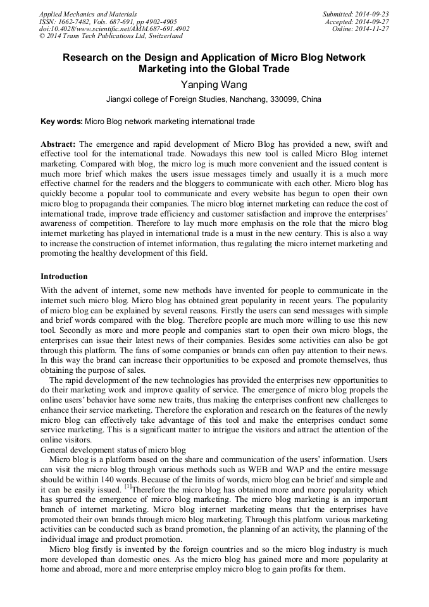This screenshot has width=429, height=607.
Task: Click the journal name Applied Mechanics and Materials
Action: [87, 14]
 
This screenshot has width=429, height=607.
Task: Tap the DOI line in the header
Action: [114, 28]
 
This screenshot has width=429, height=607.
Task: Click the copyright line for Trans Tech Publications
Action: [111, 36]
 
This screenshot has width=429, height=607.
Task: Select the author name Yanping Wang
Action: [214, 85]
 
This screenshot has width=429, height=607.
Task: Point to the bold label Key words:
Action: [61, 121]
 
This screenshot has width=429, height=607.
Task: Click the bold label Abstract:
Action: [58, 144]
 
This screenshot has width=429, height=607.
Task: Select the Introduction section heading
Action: [64, 277]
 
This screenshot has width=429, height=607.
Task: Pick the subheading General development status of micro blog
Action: [113, 450]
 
